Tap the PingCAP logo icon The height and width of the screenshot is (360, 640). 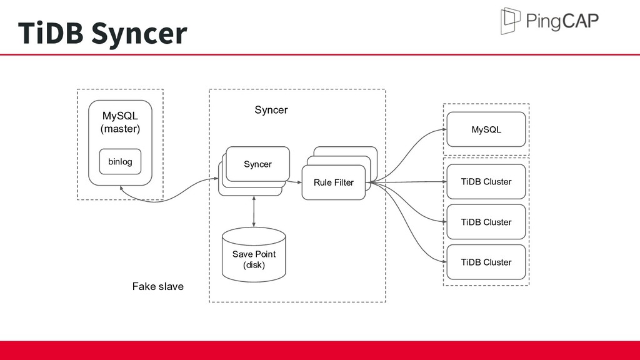coord(510,21)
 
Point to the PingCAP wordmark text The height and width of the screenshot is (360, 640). coord(562,21)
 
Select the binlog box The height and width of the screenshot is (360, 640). coord(120,162)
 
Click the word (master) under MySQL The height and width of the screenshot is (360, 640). coord(120,129)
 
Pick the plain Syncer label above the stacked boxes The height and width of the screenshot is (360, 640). coord(271,110)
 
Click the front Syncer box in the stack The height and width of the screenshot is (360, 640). coord(258,164)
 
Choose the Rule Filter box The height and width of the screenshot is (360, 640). coord(334,182)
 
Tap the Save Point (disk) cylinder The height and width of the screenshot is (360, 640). coord(254,255)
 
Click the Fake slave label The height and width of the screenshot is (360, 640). coord(158,286)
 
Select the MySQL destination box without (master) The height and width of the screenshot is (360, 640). coord(486,129)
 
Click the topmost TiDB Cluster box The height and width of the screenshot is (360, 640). coord(486,182)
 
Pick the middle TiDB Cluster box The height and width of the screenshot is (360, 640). coord(486,222)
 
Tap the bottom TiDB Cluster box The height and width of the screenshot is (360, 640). coord(486,262)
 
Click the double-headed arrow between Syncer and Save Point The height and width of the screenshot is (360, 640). coord(254,211)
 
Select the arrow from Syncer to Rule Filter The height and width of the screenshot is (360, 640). coord(294,182)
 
